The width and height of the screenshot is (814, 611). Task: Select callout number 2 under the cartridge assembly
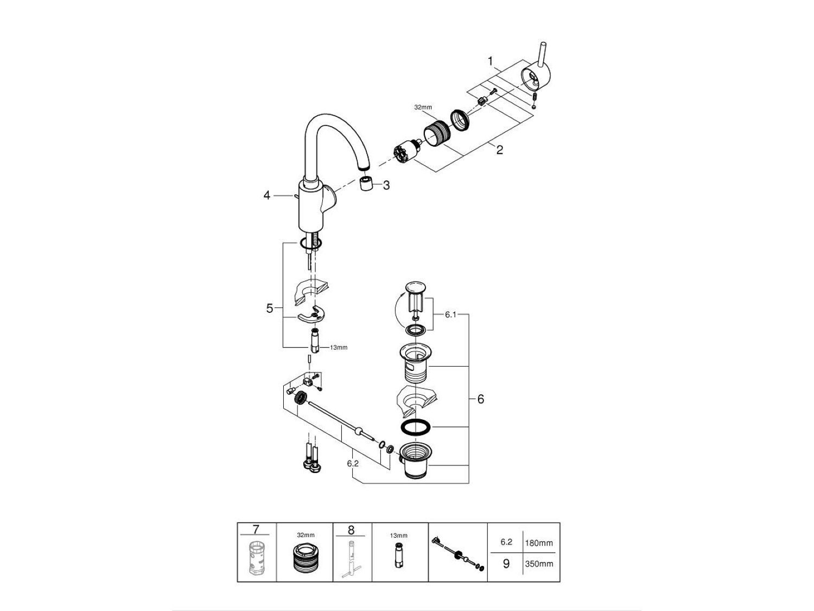[499, 150]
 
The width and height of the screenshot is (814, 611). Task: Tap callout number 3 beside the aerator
[386, 185]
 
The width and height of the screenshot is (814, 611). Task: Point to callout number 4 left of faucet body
[266, 195]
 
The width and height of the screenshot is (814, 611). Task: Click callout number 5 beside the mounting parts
[270, 308]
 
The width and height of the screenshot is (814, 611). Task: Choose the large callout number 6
[480, 399]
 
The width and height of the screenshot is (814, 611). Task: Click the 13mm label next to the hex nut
[339, 348]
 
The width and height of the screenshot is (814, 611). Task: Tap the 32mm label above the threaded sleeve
[422, 108]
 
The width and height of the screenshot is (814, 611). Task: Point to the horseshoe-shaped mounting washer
[310, 316]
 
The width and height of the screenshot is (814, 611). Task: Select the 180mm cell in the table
[539, 543]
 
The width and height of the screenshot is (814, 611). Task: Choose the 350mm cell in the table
[539, 564]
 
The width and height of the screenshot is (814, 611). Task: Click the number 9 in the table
[506, 564]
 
